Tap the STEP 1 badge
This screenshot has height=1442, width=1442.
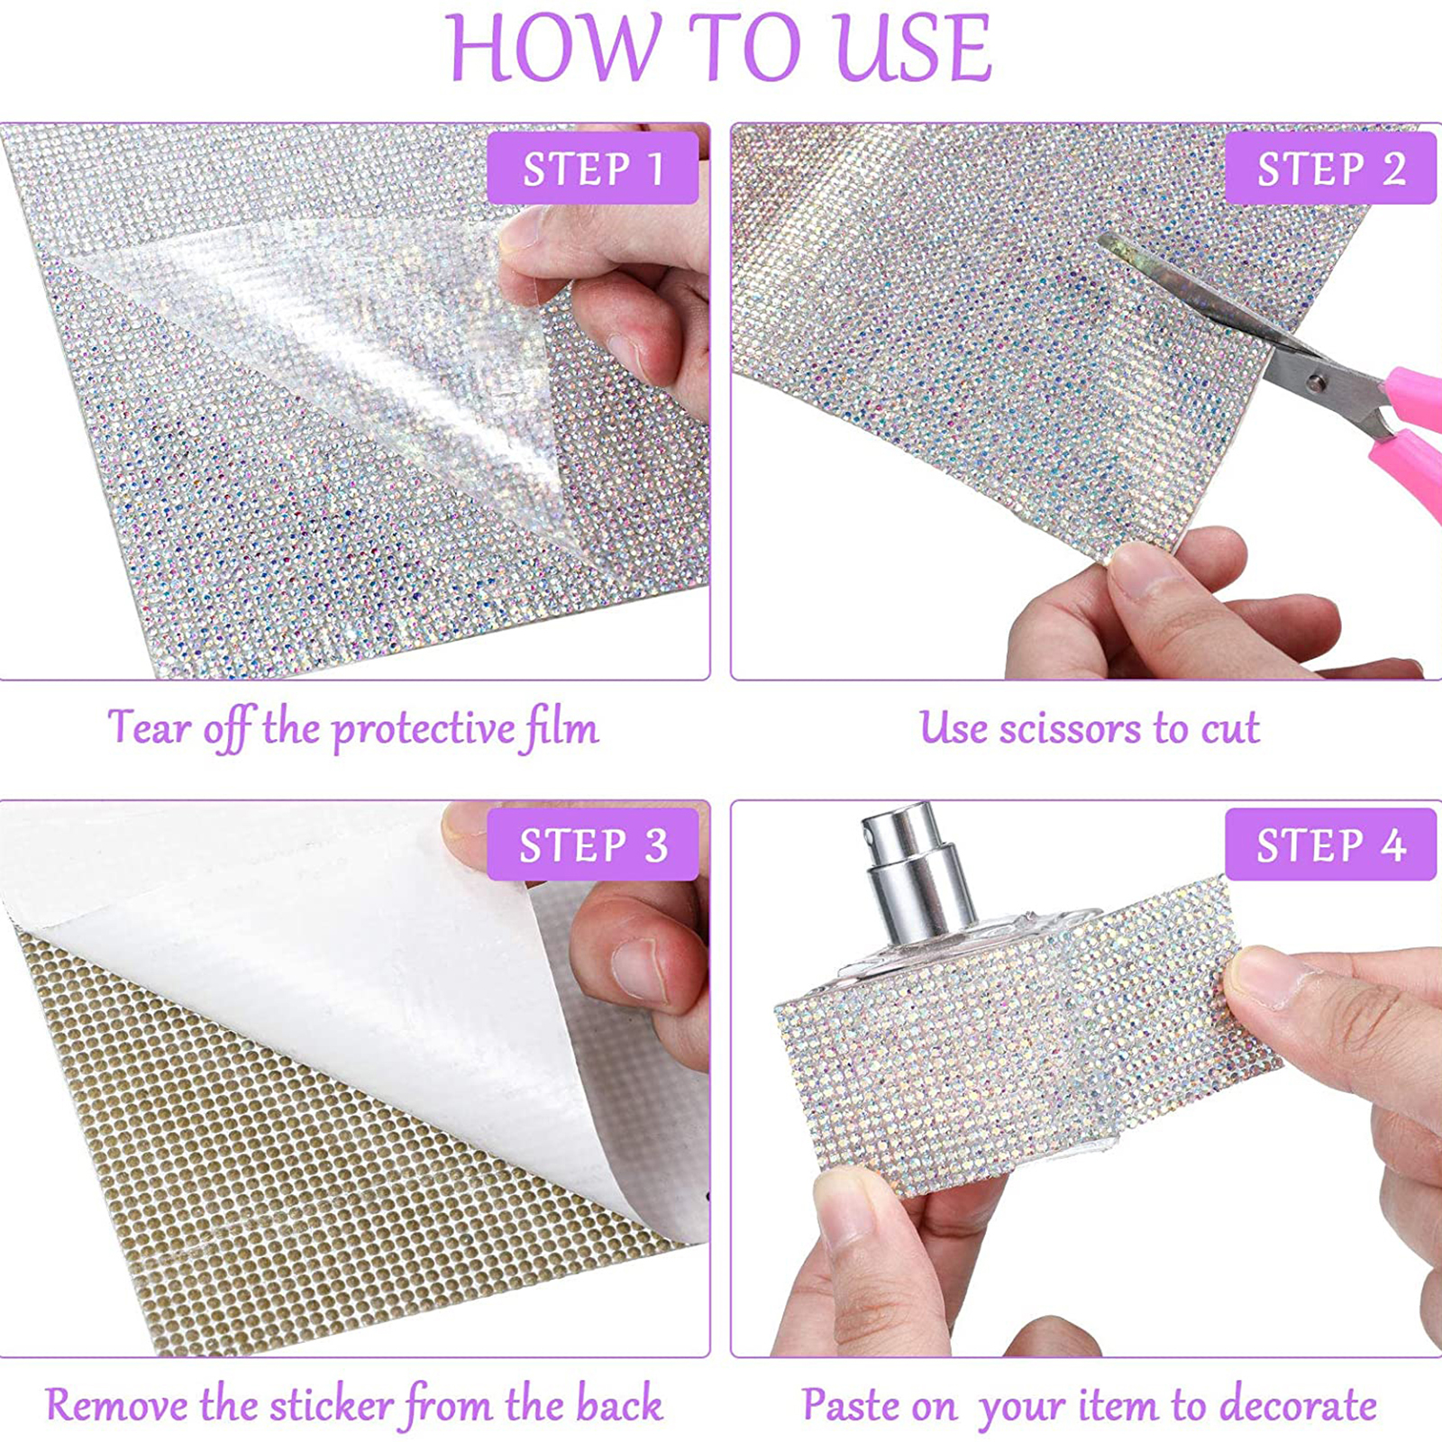593,168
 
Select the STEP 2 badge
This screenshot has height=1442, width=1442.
1330,168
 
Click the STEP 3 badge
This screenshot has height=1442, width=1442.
593,844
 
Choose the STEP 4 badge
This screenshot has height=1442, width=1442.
1330,844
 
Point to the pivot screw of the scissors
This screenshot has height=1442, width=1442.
1317,382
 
